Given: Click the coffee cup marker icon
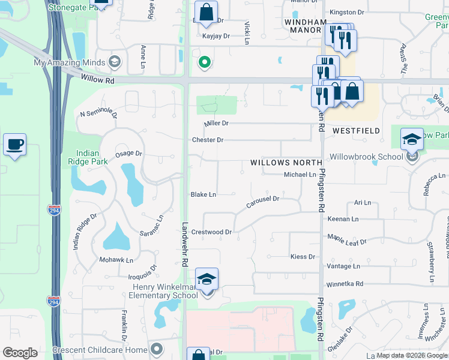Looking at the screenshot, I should tap(14, 145).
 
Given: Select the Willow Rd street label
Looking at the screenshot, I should tap(97, 77).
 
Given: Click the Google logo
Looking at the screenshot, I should tap(20, 353).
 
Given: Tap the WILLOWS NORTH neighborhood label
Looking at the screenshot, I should tap(286, 163).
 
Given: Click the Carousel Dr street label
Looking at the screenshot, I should tap(263, 202).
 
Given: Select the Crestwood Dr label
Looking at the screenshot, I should tap(211, 232).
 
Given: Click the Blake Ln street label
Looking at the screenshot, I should tap(203, 194).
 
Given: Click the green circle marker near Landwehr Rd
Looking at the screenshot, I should tap(205, 62).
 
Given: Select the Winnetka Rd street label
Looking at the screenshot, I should tap(345, 284).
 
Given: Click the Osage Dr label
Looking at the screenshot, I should tap(128, 154).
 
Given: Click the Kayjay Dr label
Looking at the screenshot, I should tap(217, 36).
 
